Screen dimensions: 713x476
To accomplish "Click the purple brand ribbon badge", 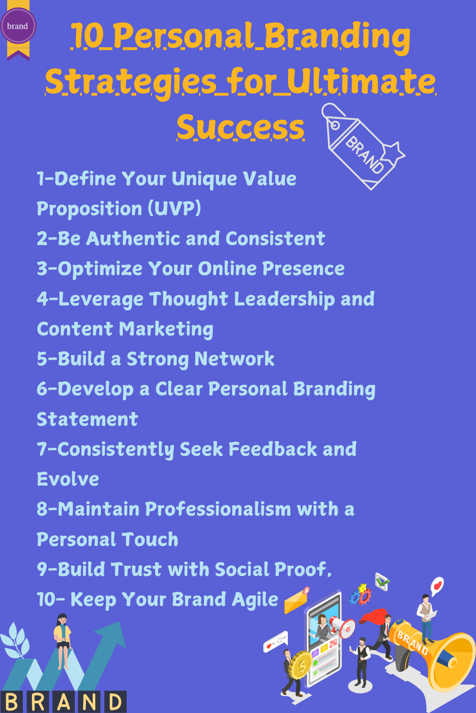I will (18, 27).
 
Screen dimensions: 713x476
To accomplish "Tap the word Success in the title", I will (240, 127).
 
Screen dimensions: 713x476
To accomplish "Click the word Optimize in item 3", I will (100, 269).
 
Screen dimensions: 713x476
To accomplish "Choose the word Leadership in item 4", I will (284, 299).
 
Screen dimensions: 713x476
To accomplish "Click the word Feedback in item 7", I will (272, 449).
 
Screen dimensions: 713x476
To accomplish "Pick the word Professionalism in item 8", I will (218, 509).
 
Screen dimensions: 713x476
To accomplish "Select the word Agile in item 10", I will (255, 600).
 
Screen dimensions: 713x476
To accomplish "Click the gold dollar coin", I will (301, 665).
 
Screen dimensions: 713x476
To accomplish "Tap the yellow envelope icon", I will (296, 601).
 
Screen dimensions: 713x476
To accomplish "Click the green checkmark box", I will (382, 581).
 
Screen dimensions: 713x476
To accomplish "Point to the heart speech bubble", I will (437, 586).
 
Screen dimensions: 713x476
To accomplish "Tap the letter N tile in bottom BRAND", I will (89, 702).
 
